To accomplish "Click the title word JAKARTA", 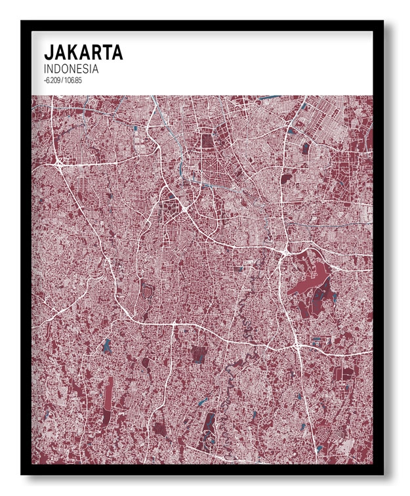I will (83, 52).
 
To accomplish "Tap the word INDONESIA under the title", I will (71, 68).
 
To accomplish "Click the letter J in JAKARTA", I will (48, 52).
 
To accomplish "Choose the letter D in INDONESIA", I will (58, 68).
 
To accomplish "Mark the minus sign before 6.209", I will (44, 80).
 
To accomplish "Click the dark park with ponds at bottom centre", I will (209, 426).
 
